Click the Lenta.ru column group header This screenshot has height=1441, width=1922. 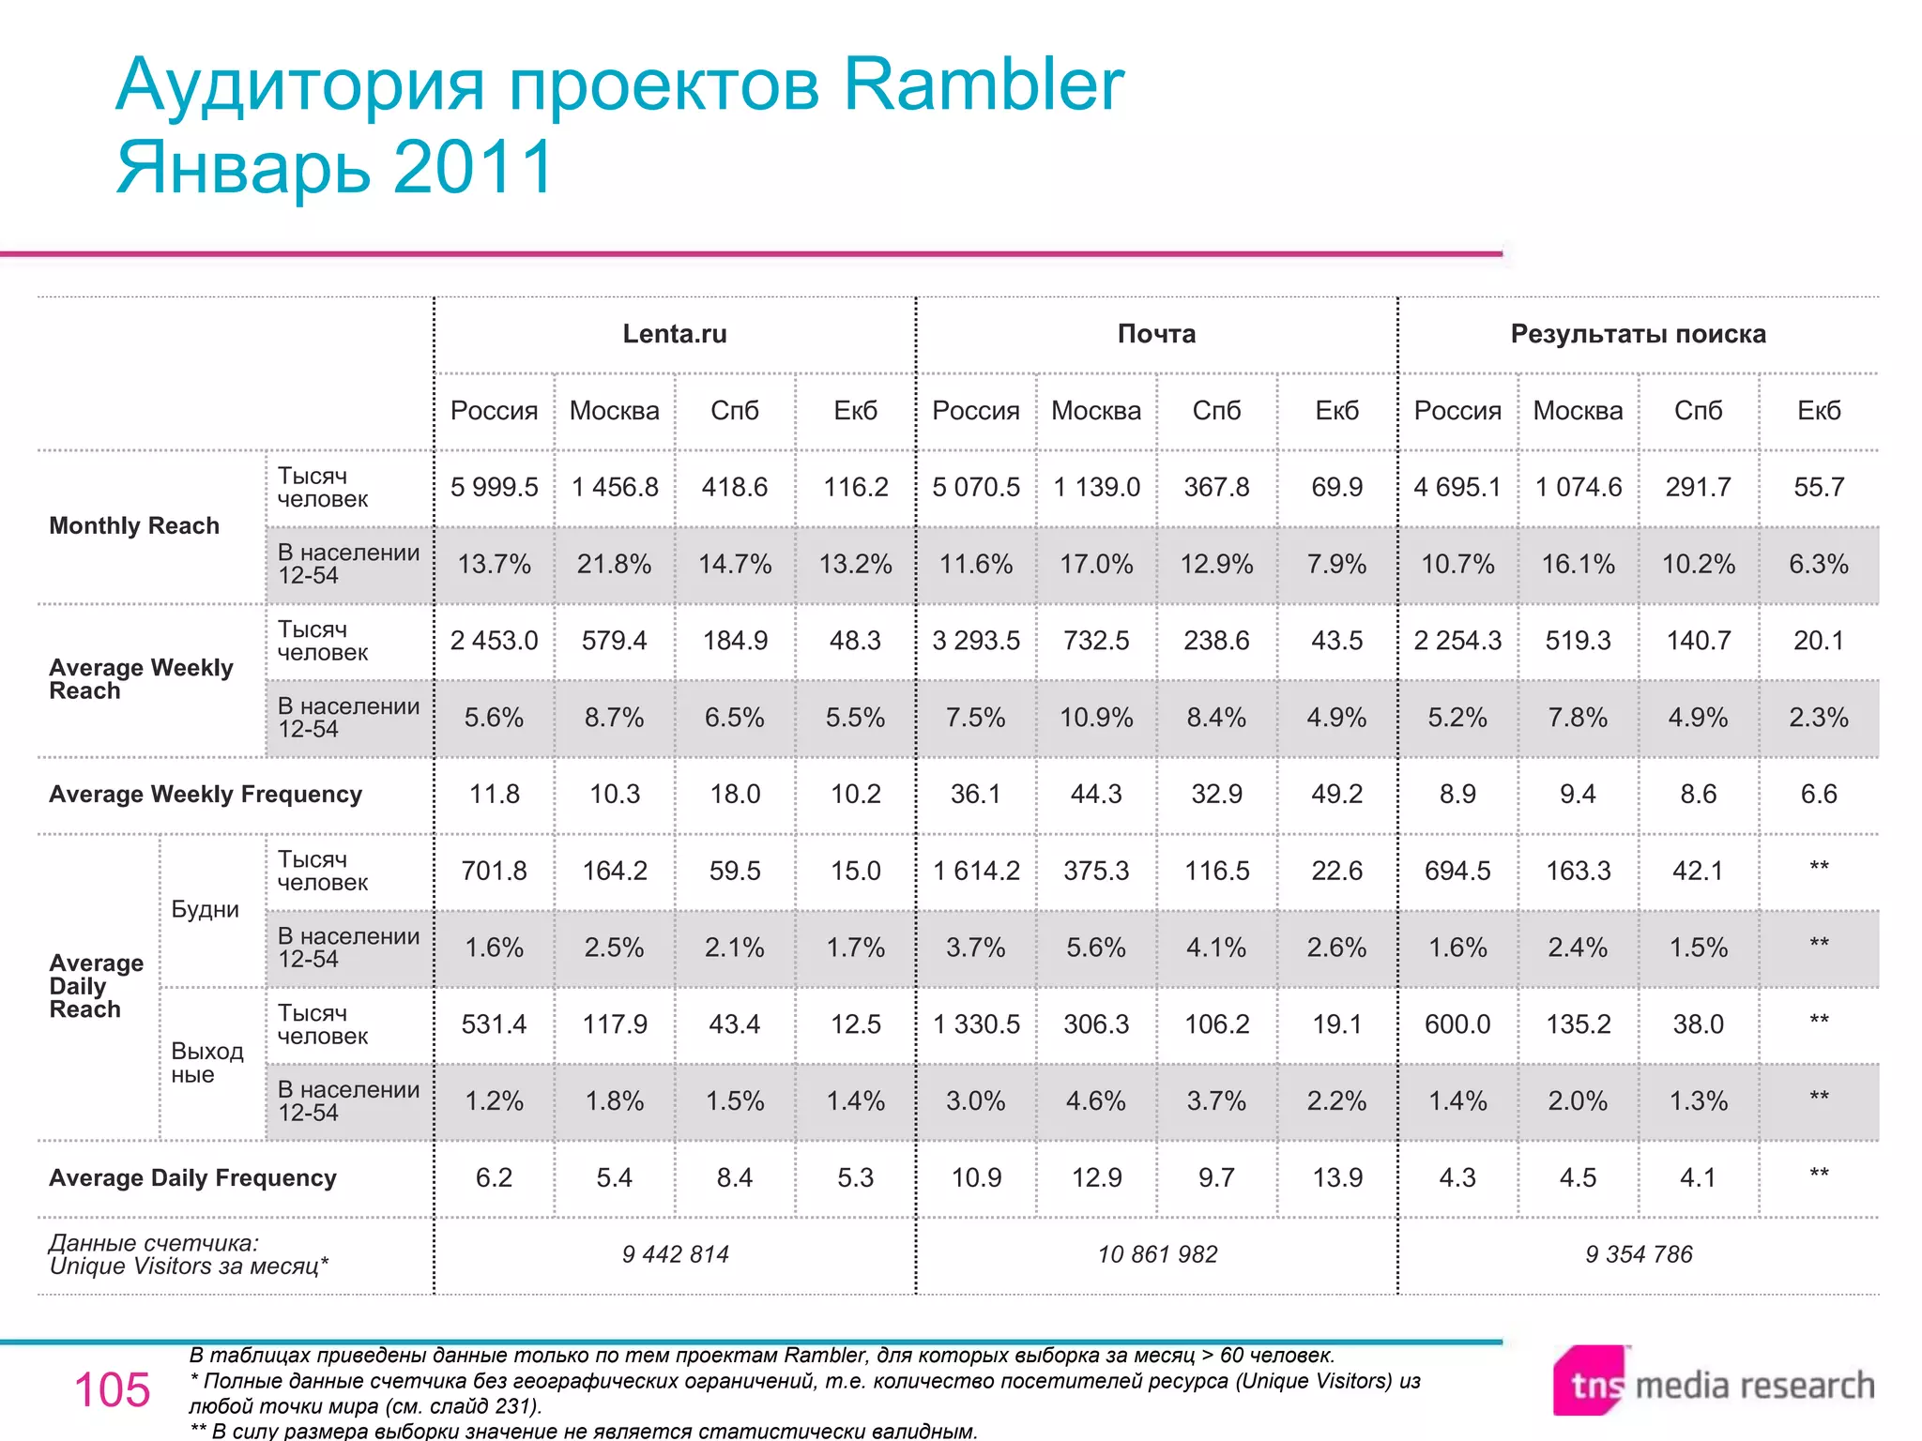(675, 334)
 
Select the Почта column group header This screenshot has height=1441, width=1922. (1156, 334)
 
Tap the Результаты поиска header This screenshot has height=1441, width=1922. (1638, 334)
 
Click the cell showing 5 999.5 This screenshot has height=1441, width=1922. (494, 487)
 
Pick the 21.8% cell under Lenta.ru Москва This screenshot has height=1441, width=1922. (614, 564)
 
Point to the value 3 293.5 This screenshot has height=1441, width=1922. (976, 641)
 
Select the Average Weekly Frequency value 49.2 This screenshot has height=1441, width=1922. (1336, 794)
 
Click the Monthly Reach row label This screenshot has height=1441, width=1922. (134, 525)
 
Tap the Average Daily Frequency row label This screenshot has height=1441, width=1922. (192, 1177)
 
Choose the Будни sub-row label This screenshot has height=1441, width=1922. (205, 909)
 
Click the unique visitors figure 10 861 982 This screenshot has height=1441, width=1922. (1157, 1254)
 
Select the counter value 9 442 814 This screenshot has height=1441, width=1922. (675, 1254)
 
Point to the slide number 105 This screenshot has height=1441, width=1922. (112, 1389)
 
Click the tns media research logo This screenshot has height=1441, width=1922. (1714, 1383)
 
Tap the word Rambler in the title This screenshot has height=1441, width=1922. (984, 84)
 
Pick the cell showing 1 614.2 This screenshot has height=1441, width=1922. (976, 871)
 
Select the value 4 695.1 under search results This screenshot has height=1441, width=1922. (1457, 487)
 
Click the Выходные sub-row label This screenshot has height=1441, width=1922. (206, 1063)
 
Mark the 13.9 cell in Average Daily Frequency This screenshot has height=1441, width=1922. (1336, 1177)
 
